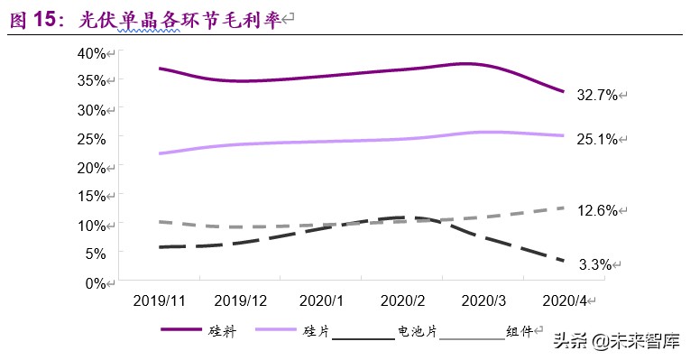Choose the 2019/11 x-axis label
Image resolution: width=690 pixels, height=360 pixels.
159,300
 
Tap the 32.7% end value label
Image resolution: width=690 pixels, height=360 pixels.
597,94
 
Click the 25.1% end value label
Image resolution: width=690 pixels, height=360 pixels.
597,140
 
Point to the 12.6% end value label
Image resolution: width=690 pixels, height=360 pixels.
597,211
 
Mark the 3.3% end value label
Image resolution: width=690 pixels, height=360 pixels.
595,264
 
